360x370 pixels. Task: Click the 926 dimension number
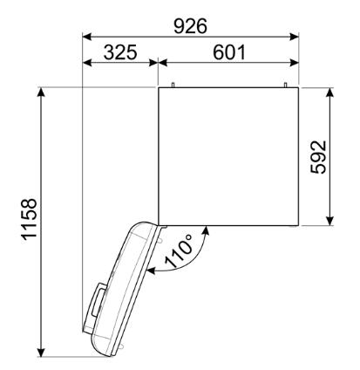tap(190, 26)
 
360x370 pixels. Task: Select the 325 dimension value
tap(120, 52)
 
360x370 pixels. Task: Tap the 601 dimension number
tap(229, 52)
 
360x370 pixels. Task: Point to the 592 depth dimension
tap(318, 157)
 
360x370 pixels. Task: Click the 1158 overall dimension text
tap(30, 219)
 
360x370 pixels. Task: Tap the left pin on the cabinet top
tap(173, 85)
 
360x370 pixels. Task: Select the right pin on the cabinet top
tap(285, 85)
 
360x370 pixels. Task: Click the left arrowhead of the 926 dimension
tap(87, 37)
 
